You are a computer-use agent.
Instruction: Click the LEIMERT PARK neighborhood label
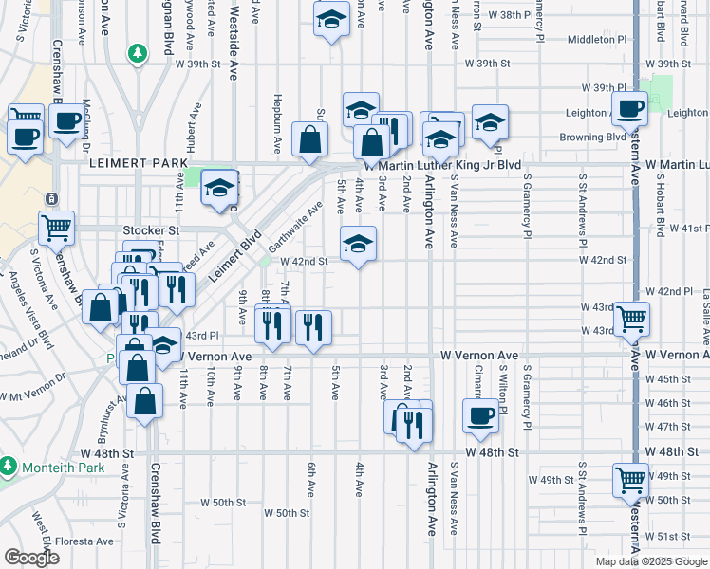coord(138,164)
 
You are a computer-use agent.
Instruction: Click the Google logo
coord(32,557)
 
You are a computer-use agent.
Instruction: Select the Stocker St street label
coord(151,230)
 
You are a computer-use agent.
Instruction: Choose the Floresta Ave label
coord(82,543)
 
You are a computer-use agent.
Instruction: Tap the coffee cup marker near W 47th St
coord(481,414)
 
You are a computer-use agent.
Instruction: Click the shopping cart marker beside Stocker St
coord(56,228)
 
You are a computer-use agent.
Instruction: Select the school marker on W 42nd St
coord(358,243)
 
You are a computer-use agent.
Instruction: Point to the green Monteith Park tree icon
coord(9,467)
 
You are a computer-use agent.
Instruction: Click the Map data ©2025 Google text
coord(651,561)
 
